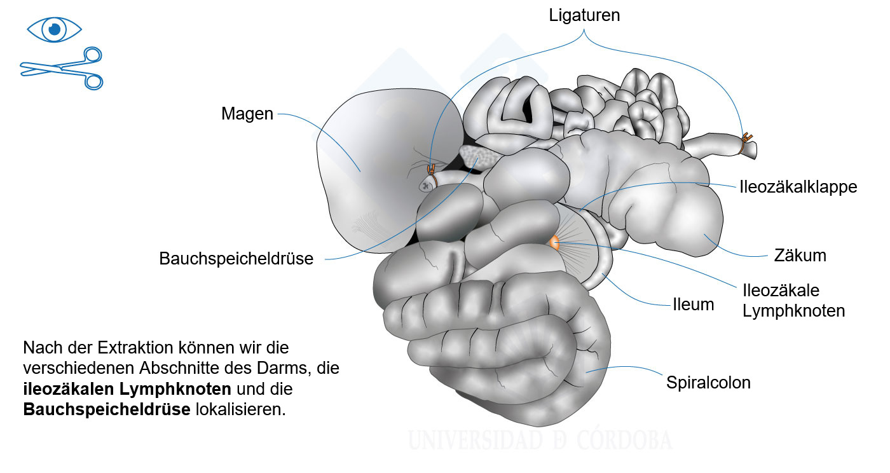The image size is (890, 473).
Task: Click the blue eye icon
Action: [55, 29]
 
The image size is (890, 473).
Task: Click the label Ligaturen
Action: [584, 15]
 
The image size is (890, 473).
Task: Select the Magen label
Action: [247, 114]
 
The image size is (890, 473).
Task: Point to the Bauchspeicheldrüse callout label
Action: [236, 259]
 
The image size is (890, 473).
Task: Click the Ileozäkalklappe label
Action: [798, 187]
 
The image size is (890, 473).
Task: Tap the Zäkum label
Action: [800, 256]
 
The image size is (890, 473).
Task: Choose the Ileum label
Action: [694, 305]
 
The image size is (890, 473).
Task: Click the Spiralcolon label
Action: [708, 383]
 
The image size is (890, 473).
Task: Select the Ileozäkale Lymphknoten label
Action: [793, 301]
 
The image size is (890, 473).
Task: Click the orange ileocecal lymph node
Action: [554, 243]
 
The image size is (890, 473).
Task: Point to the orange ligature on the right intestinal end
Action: [744, 142]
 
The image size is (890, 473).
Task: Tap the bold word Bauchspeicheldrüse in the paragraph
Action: [107, 410]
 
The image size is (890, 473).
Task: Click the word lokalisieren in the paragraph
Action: [241, 410]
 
